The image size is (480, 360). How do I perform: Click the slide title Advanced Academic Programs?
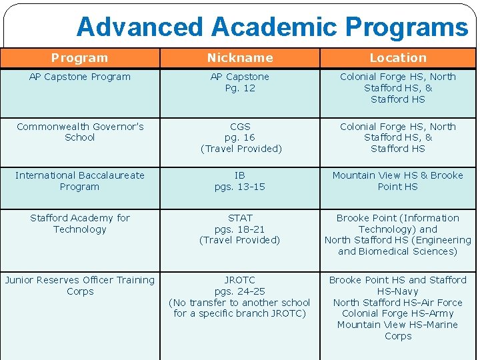click(272, 27)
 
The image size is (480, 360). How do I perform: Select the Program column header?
click(79, 58)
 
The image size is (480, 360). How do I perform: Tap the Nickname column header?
click(240, 58)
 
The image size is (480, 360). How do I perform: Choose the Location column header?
click(398, 58)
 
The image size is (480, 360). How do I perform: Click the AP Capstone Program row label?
click(80, 77)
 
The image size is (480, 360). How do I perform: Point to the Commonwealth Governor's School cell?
click(80, 132)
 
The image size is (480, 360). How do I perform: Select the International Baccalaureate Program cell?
click(80, 181)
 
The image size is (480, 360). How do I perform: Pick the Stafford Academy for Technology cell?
click(80, 224)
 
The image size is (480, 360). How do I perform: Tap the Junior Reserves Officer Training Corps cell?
click(80, 286)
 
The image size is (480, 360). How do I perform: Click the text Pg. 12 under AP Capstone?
click(240, 88)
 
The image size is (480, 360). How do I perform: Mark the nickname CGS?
click(240, 127)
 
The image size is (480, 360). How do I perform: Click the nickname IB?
click(240, 175)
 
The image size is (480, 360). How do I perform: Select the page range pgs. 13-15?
click(240, 187)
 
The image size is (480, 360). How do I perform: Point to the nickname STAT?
click(240, 218)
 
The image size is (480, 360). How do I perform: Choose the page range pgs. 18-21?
click(240, 229)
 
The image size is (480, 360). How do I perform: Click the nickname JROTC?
click(240, 280)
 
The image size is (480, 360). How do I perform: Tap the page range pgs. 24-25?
click(240, 291)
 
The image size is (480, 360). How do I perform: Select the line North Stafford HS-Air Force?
click(398, 303)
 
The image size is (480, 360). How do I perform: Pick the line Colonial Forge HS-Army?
click(398, 313)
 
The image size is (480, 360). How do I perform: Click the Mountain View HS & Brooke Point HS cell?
click(398, 181)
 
